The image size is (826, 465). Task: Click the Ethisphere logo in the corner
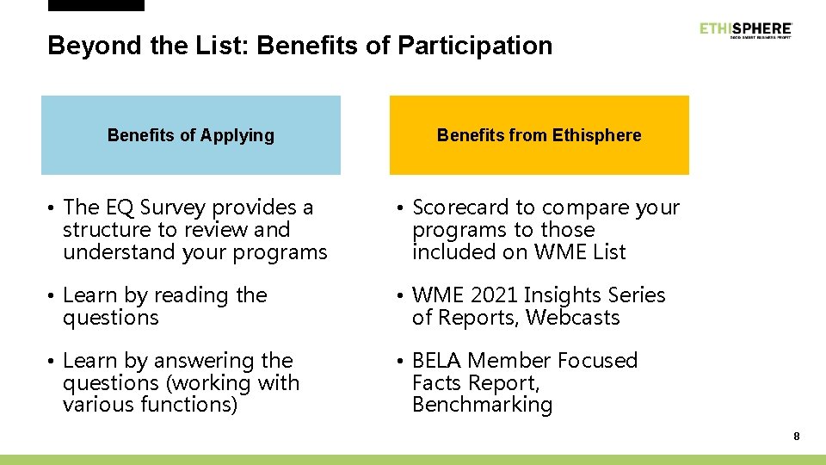pos(745,30)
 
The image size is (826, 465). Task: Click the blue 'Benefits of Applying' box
pos(191,135)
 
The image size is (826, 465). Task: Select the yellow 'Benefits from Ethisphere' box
pos(539,135)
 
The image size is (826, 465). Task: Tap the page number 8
pos(797,437)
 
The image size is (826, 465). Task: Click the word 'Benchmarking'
pos(482,405)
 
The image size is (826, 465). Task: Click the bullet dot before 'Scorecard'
pos(400,208)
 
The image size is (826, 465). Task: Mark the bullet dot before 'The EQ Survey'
pos(52,208)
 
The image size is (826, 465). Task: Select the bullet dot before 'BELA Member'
pos(400,362)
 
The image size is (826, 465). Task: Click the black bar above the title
pos(96,5)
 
